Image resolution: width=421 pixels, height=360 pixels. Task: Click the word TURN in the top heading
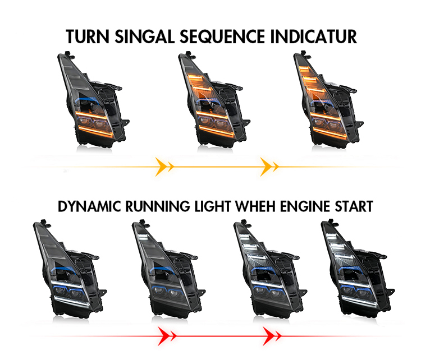[x=88, y=36]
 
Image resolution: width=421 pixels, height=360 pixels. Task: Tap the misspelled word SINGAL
[x=145, y=36]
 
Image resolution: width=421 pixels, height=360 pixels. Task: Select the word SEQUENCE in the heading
[x=222, y=37]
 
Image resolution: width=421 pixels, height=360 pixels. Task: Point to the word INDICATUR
[x=314, y=36]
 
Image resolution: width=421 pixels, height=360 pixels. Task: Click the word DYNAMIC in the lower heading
[x=89, y=206]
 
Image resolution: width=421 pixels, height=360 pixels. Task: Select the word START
[x=354, y=206]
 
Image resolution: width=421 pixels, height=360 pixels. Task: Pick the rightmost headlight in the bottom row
[x=358, y=268]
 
